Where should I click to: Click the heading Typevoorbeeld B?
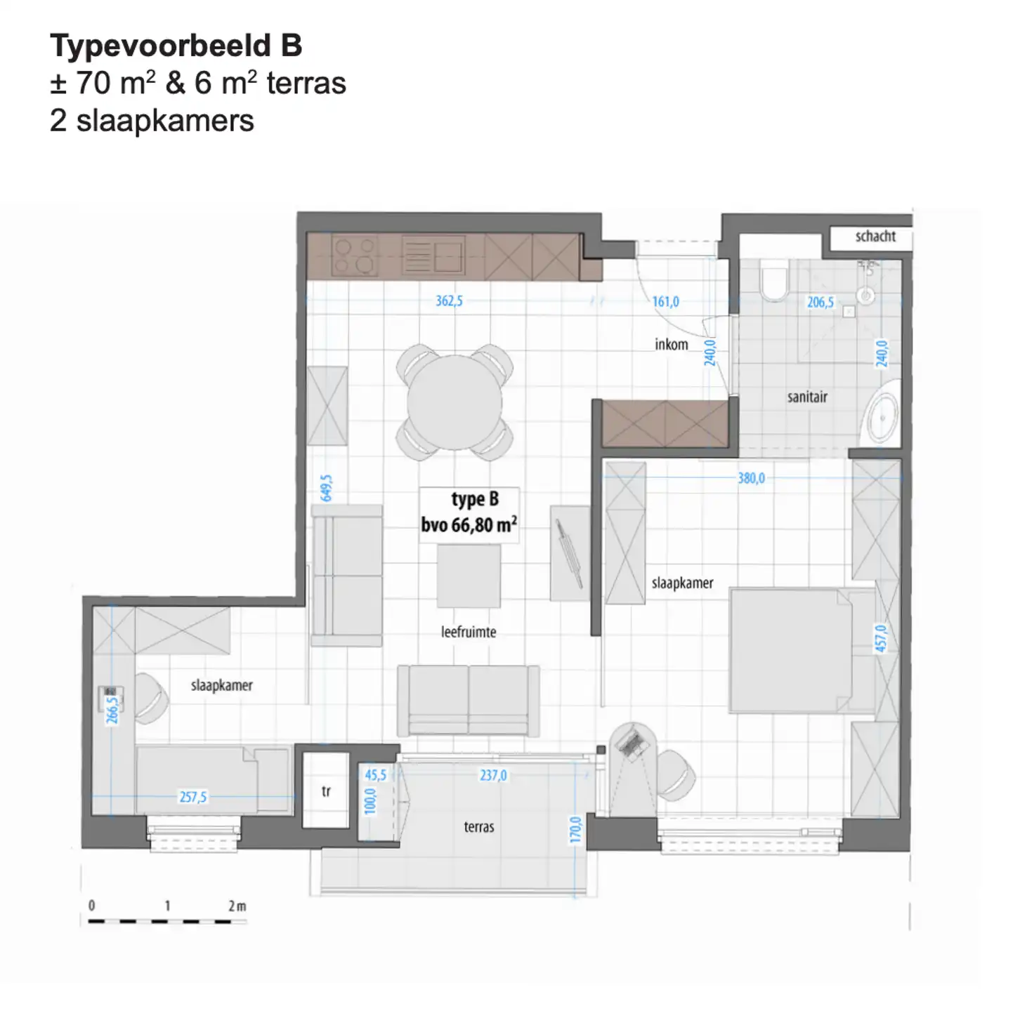[x=176, y=46]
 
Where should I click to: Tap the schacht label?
[x=875, y=237]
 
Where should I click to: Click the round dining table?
[x=454, y=402]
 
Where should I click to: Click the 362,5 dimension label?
[x=449, y=301]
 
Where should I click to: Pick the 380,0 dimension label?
[x=751, y=479]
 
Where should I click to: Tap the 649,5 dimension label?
[x=327, y=488]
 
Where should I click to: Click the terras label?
[x=478, y=827]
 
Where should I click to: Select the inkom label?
[x=671, y=345]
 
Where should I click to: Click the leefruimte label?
[x=469, y=632]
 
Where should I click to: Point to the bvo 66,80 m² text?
[x=469, y=525]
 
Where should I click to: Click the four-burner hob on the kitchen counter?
[x=355, y=254]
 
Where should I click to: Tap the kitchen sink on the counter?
[x=433, y=254]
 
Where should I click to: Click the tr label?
[x=326, y=791]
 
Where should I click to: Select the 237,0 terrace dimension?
[x=493, y=775]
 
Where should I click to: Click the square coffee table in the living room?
[x=469, y=576]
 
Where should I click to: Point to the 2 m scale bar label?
[x=237, y=906]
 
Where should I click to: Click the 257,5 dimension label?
[x=192, y=797]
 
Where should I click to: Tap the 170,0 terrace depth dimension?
[x=575, y=830]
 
